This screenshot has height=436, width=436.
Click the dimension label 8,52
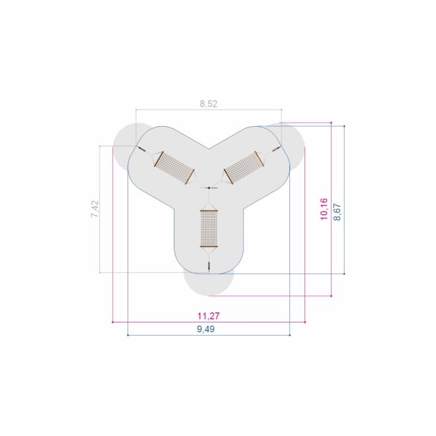(208, 104)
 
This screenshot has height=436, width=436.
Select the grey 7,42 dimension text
(95, 209)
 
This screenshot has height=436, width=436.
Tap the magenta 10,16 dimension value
(324, 209)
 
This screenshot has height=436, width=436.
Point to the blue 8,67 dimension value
(337, 212)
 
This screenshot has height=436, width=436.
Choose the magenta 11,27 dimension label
(209, 316)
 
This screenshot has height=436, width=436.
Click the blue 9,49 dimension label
(205, 329)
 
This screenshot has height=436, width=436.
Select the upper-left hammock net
(174, 168)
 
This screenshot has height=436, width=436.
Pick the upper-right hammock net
(244, 167)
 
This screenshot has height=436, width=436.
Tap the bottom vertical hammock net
(209, 229)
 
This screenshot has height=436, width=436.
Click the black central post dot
(209, 188)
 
